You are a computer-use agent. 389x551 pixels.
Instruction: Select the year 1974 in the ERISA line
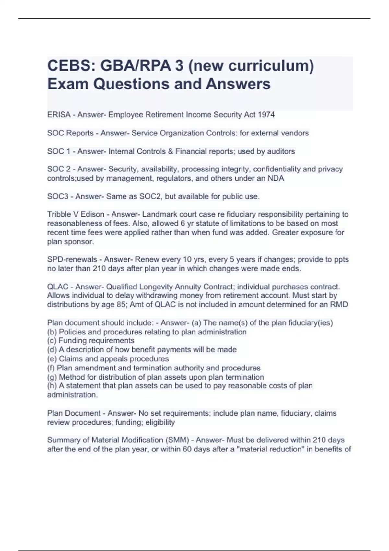point(266,115)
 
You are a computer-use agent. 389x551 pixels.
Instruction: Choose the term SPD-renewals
point(72,259)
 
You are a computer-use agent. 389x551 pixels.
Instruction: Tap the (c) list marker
point(52,341)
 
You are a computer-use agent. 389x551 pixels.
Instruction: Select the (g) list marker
point(52,377)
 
